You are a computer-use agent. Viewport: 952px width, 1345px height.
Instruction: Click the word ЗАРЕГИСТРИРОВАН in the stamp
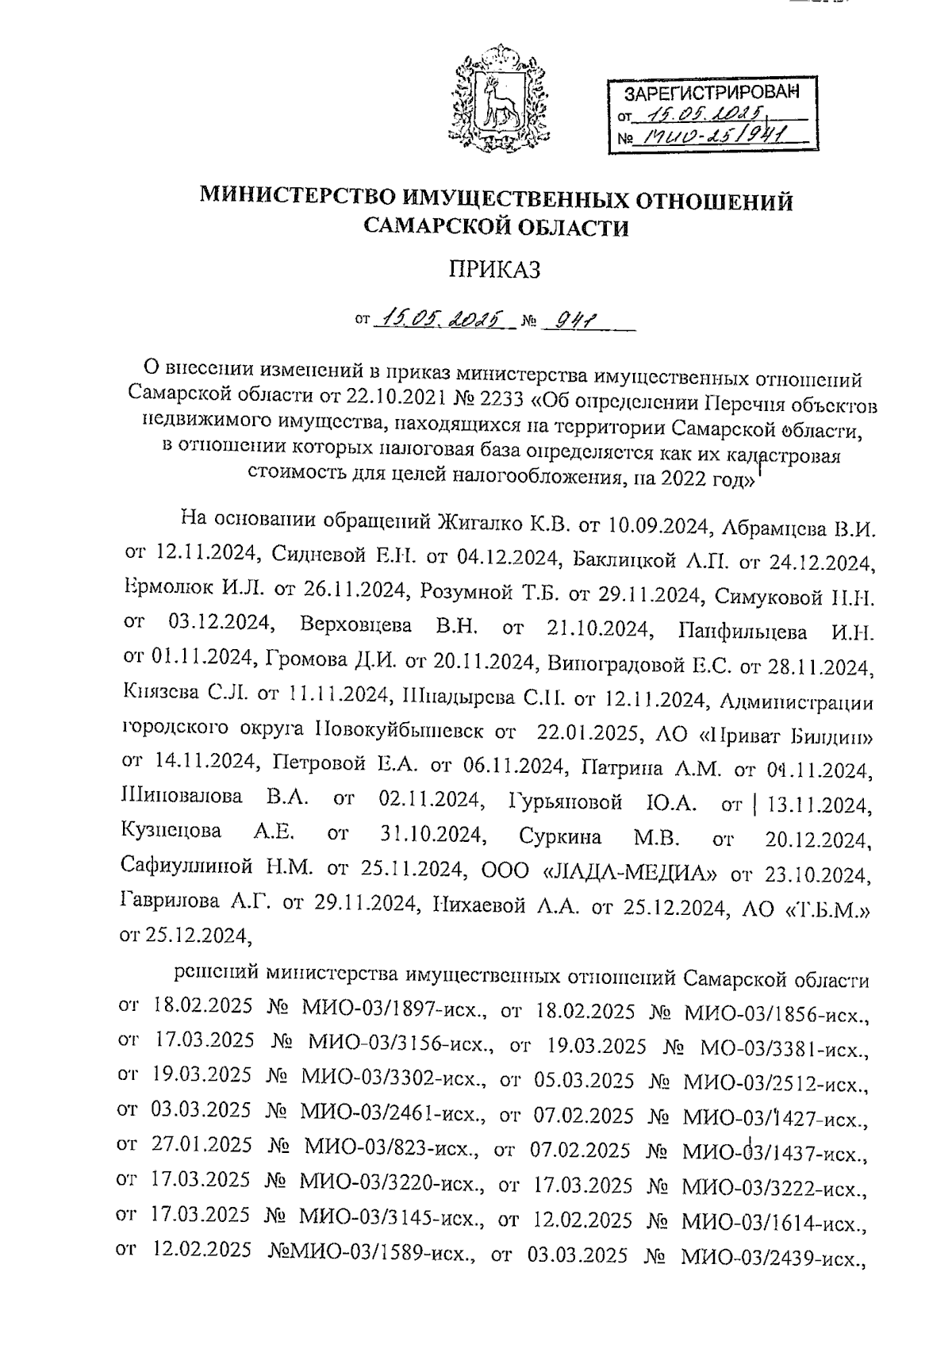click(709, 93)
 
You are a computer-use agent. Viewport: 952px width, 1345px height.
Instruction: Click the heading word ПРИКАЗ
click(495, 270)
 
